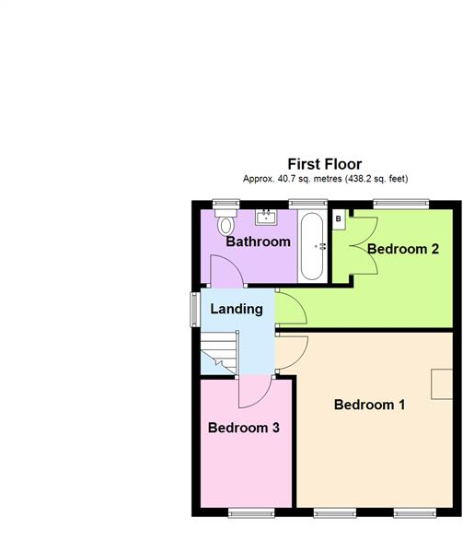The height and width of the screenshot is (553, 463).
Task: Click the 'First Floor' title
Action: pos(324,164)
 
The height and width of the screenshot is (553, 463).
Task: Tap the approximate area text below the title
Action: pos(324,179)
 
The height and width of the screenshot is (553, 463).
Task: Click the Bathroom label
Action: pos(259,242)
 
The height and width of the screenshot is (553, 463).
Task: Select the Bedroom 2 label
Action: pos(402,249)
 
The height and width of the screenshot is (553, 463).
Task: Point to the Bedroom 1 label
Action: pos(369,404)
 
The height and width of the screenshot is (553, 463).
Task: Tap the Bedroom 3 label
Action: pos(243,428)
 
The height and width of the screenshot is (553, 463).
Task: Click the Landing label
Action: pos(237,309)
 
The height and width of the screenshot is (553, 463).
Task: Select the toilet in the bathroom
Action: pos(225,224)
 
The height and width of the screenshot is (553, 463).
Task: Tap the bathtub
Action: pos(312,246)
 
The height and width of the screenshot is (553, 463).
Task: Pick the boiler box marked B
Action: pos(339,219)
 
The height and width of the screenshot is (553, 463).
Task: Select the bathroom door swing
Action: pos(225,271)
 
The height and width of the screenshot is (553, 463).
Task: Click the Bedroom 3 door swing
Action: pos(252,392)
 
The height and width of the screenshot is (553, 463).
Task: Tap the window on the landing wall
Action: pos(194,309)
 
